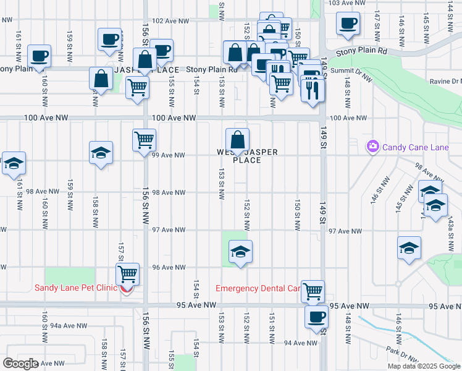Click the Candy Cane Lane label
click(x=415, y=147)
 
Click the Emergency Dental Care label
click(x=258, y=289)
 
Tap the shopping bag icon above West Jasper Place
click(x=237, y=139)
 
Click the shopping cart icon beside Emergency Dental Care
click(x=313, y=290)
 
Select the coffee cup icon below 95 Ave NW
click(x=316, y=317)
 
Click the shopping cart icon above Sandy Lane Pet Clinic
click(x=128, y=273)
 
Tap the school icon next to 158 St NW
click(x=101, y=153)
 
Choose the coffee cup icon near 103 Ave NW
click(x=347, y=23)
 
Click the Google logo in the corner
click(x=20, y=364)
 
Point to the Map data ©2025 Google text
click(x=424, y=366)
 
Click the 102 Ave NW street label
click(x=170, y=20)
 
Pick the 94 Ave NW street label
click(x=301, y=343)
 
